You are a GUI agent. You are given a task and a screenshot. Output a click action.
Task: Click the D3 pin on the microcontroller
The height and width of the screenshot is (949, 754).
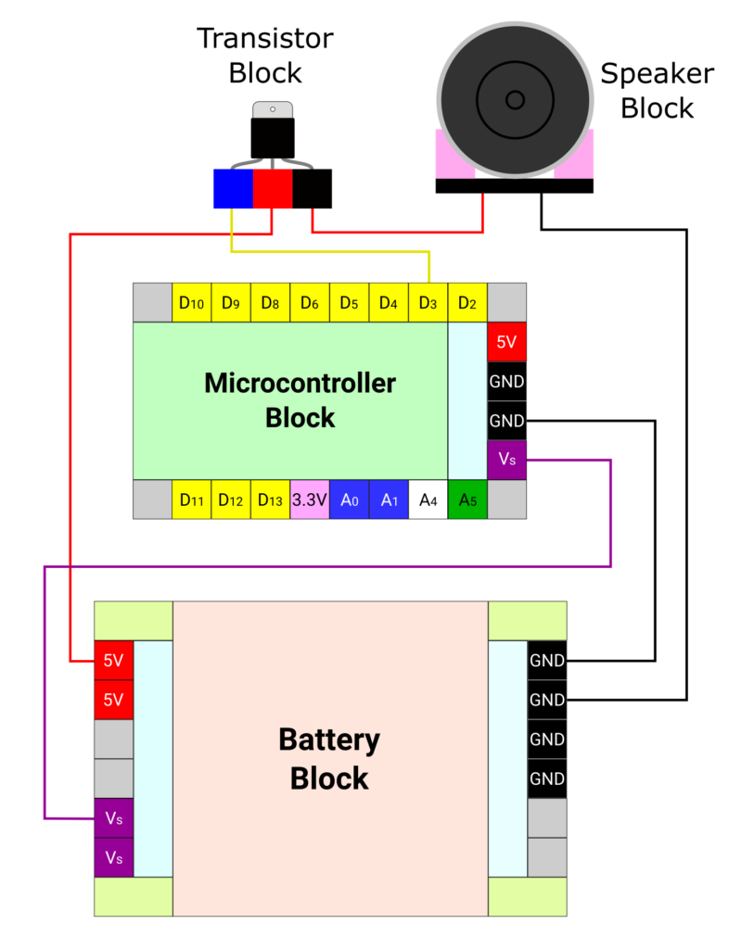pos(428,302)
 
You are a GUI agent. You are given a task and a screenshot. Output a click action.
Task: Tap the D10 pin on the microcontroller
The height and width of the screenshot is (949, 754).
pos(191,302)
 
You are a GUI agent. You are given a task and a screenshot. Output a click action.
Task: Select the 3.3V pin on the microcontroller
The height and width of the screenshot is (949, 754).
pos(310,500)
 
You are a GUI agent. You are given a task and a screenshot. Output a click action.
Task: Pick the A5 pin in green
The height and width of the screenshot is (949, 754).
pos(467,500)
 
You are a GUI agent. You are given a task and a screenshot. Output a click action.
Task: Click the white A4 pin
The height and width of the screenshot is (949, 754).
pos(428,500)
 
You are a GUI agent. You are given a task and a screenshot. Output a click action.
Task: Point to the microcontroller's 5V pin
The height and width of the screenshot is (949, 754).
pos(506,341)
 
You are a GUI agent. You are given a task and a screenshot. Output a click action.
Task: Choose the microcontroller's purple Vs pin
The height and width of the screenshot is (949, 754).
pos(506,460)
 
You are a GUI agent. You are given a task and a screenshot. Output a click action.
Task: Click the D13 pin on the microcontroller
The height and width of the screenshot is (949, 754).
pos(270,500)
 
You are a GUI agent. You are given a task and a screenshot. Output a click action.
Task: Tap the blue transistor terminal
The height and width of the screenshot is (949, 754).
pos(233,188)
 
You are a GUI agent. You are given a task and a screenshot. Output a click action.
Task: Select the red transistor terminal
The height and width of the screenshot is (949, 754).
pos(273,188)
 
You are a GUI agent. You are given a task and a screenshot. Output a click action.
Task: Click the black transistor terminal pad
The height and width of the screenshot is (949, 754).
pos(313,188)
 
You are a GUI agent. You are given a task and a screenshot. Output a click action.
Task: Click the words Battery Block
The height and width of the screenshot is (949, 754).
pos(329,758)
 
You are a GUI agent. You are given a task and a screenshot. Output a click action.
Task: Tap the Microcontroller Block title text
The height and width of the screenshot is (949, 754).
pos(300,399)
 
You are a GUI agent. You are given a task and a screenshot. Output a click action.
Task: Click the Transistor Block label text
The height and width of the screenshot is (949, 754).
pos(264,55)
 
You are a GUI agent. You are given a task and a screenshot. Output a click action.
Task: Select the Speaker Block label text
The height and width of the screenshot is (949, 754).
pos(657,91)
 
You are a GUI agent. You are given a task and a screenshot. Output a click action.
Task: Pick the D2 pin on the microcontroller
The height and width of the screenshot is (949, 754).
pos(467,302)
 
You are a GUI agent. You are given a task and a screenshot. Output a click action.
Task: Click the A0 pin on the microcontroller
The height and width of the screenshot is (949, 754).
pos(349,500)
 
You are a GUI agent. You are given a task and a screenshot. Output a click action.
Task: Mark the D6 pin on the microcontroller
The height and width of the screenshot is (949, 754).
pos(310,302)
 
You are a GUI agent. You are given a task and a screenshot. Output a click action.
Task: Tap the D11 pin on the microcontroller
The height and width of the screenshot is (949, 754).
pos(191,500)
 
